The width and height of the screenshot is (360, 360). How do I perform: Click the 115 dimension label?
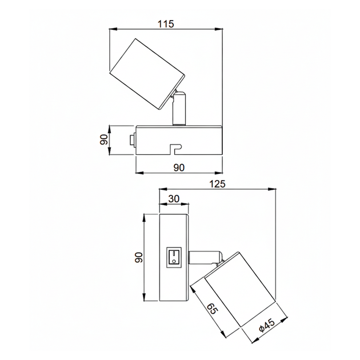click(166, 23)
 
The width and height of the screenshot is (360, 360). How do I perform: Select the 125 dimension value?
click(218, 184)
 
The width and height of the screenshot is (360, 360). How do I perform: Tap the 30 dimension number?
click(174, 199)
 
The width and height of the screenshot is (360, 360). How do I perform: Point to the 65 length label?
click(212, 309)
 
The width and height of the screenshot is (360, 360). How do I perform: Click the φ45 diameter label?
click(266, 326)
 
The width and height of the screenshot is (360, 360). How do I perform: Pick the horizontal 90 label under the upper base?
click(179, 167)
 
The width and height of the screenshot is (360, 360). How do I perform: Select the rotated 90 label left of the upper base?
click(104, 139)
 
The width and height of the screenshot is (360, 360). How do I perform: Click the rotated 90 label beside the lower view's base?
click(139, 257)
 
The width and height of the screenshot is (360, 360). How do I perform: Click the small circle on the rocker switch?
click(174, 261)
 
